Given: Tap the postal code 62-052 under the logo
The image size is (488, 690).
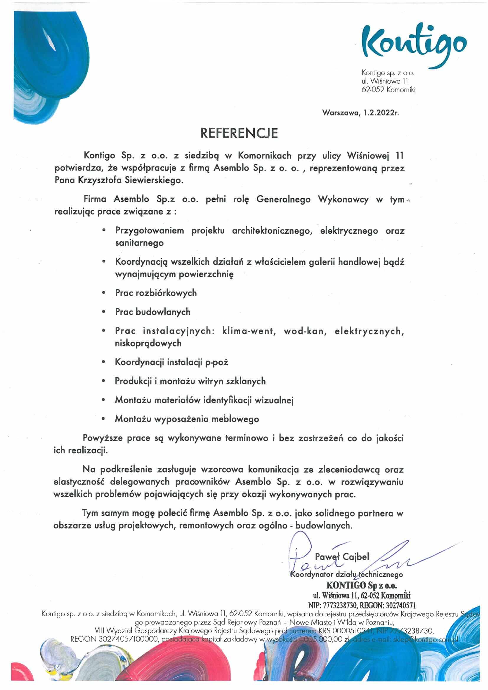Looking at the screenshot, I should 373,89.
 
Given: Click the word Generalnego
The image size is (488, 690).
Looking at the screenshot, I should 283,200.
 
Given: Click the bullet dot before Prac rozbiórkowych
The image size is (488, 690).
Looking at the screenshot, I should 104,292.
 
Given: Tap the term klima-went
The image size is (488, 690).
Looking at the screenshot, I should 249,331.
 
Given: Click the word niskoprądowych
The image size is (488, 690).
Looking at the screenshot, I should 148,343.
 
